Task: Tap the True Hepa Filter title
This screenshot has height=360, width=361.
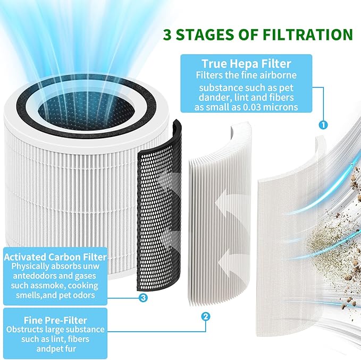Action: point(245,63)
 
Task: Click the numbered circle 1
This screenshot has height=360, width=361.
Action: point(322,126)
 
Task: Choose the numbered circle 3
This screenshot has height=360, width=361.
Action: point(143,298)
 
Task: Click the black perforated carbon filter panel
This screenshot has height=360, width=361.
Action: point(159,207)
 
